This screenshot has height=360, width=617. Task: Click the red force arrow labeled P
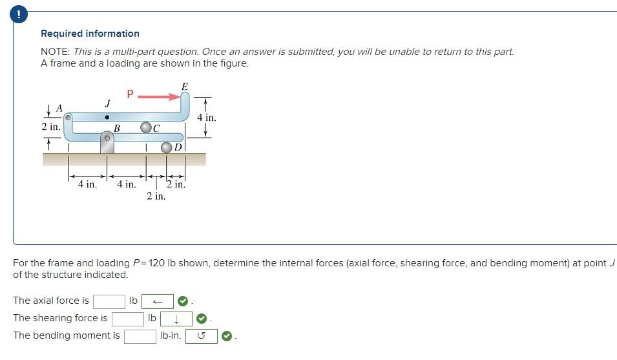(159, 97)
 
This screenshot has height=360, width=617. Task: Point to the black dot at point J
(107, 117)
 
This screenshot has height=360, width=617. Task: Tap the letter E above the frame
(185, 87)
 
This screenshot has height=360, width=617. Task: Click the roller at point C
(146, 128)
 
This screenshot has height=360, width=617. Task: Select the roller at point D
(167, 147)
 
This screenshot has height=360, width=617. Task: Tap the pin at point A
(68, 118)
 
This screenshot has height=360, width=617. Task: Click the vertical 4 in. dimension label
(206, 118)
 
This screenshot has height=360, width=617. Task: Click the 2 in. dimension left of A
(51, 127)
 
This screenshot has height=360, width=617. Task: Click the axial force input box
(109, 301)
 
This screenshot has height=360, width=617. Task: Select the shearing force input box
(127, 319)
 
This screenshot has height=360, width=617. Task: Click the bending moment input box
(140, 336)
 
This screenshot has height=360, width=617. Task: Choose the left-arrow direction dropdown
(158, 301)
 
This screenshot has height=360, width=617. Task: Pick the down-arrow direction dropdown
(176, 319)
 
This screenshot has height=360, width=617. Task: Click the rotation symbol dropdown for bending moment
(201, 336)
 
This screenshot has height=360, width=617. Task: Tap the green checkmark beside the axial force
(183, 301)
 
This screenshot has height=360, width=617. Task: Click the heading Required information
(90, 34)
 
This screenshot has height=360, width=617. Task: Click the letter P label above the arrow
(130, 94)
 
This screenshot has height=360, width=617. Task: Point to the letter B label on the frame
(117, 128)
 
